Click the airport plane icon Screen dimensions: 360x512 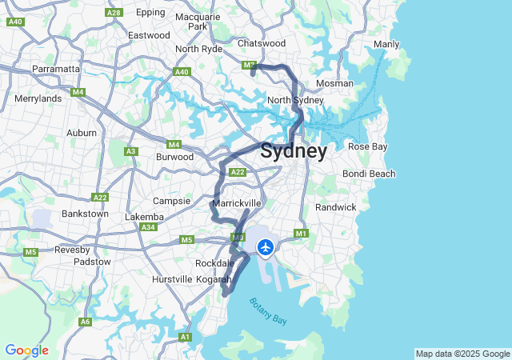coord(266,246)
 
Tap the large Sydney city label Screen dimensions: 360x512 coord(294,151)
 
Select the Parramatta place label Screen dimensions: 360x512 coord(56,70)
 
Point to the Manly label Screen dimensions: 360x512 coord(386,44)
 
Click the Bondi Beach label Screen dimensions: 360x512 coord(369,174)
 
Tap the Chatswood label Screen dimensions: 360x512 coord(262,43)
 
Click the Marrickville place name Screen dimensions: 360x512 coord(238,203)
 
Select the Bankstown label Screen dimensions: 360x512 coord(85,214)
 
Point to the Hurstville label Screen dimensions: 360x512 coord(172,279)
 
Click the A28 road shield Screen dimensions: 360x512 coord(114,12)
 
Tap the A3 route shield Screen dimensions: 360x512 coord(130,151)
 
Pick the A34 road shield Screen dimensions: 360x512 coord(148,227)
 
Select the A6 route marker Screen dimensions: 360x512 coord(85,322)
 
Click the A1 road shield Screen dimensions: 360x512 coord(186,338)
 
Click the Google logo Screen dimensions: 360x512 coord(26,350)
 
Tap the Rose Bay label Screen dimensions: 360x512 coord(367,146)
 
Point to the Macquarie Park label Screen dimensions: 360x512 coord(197,22)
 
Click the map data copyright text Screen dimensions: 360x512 coord(462,354)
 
